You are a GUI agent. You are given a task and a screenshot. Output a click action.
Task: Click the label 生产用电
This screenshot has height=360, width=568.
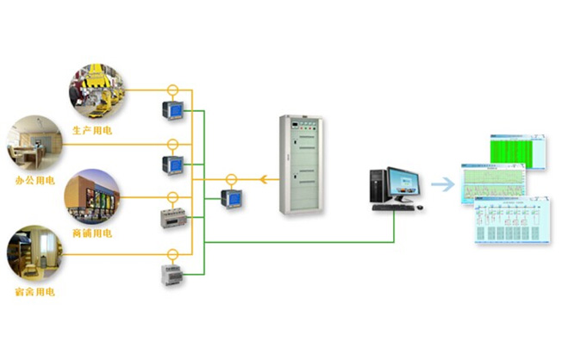[92, 130]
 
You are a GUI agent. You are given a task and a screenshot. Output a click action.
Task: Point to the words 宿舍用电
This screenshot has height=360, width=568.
[35, 292]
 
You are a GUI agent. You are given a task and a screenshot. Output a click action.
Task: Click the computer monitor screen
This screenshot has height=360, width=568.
[404, 183]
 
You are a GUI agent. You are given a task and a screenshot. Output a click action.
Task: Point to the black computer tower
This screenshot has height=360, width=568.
[378, 185]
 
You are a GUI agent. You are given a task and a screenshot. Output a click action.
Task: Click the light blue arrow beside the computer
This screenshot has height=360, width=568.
[443, 184]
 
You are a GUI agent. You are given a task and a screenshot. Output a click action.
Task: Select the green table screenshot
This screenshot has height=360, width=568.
[519, 151]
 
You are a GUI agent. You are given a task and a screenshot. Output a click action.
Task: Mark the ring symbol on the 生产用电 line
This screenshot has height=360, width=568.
[172, 90]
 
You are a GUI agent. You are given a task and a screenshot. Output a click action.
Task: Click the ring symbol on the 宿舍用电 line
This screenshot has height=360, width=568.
[172, 254]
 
